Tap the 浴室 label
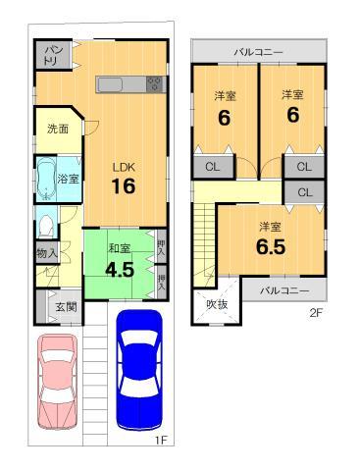[x=69, y=180]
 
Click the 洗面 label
[x=57, y=129]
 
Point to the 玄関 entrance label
[x=66, y=307]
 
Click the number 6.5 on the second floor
[x=270, y=247]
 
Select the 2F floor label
[x=315, y=314]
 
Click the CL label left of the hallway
[x=213, y=167]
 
